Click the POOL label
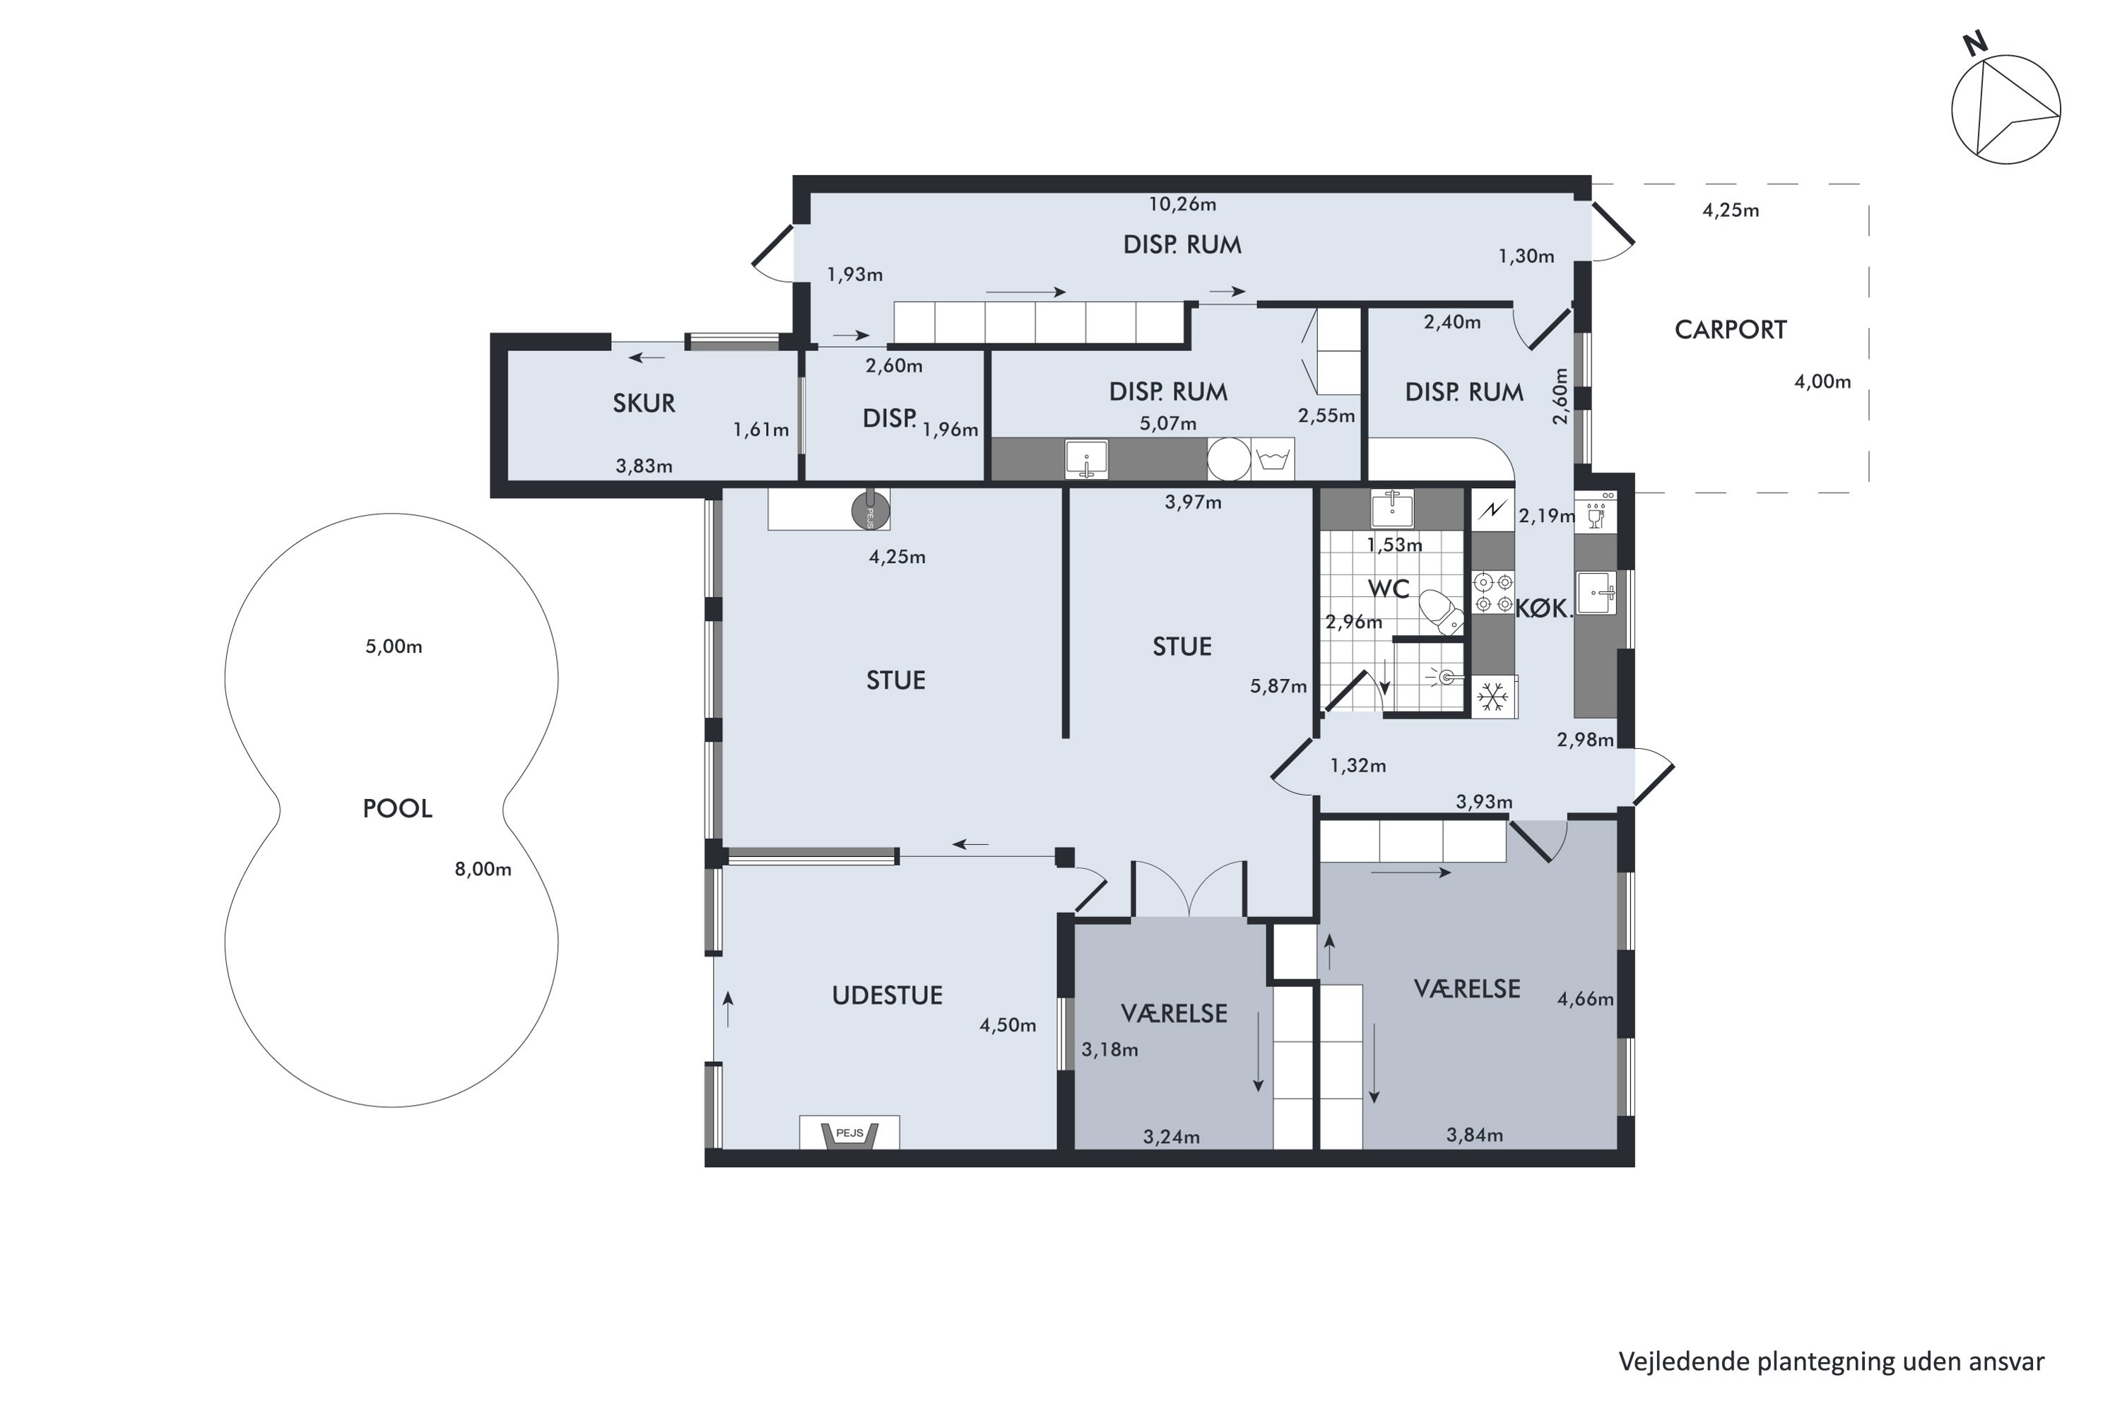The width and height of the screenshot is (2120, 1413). click(x=397, y=808)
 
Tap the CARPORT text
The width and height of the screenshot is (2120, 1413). click(x=1731, y=330)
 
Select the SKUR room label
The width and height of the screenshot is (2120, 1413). click(x=644, y=403)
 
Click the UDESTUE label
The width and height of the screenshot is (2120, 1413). click(x=887, y=995)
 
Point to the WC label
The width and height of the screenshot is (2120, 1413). click(x=1388, y=589)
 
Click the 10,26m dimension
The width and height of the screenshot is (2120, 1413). click(x=1182, y=205)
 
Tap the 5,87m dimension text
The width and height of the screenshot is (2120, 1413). click(x=1278, y=687)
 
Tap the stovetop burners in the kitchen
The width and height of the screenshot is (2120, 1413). click(x=1492, y=592)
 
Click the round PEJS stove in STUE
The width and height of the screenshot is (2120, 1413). click(x=871, y=510)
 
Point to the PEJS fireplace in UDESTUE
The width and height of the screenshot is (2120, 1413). click(x=849, y=1133)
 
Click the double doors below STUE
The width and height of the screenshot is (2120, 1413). click(x=1190, y=889)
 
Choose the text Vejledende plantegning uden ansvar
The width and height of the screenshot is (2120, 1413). click(x=1832, y=1361)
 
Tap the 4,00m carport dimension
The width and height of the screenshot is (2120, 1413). click(x=1822, y=382)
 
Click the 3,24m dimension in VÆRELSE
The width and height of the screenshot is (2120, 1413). click(x=1172, y=1137)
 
